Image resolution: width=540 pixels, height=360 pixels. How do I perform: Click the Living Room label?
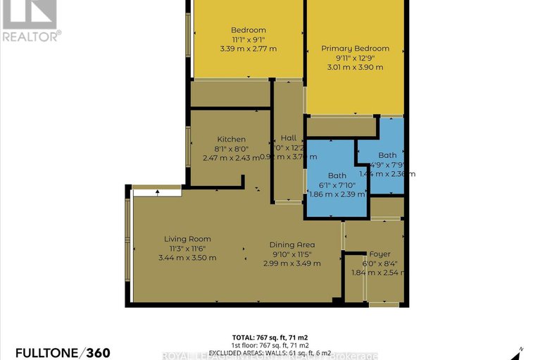[x=188, y=239]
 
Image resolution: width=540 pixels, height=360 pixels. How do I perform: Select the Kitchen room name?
[x=231, y=139]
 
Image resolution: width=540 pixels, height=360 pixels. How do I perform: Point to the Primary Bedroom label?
[x=355, y=49]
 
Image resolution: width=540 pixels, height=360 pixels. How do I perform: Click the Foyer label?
[x=379, y=254]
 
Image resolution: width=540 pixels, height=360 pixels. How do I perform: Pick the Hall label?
[x=289, y=137]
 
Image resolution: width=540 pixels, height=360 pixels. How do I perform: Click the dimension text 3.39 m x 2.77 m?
[x=249, y=49]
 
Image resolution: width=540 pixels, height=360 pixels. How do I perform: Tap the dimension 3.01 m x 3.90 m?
[x=355, y=67]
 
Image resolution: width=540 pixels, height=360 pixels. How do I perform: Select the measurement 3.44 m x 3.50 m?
[x=188, y=257]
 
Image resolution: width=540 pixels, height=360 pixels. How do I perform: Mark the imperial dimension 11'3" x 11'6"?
[x=188, y=248]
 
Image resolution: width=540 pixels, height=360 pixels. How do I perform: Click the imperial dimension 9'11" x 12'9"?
[x=355, y=58]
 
